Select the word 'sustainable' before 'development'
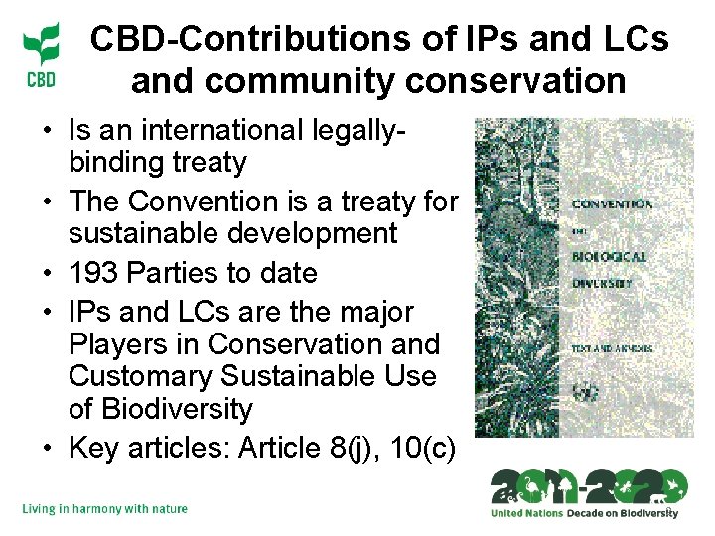point(149,234)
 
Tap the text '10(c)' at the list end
point(425,449)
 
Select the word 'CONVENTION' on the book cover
point(612,204)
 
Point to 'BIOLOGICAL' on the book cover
point(610,256)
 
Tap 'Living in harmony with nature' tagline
point(104,509)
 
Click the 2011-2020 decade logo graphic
point(588,486)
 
